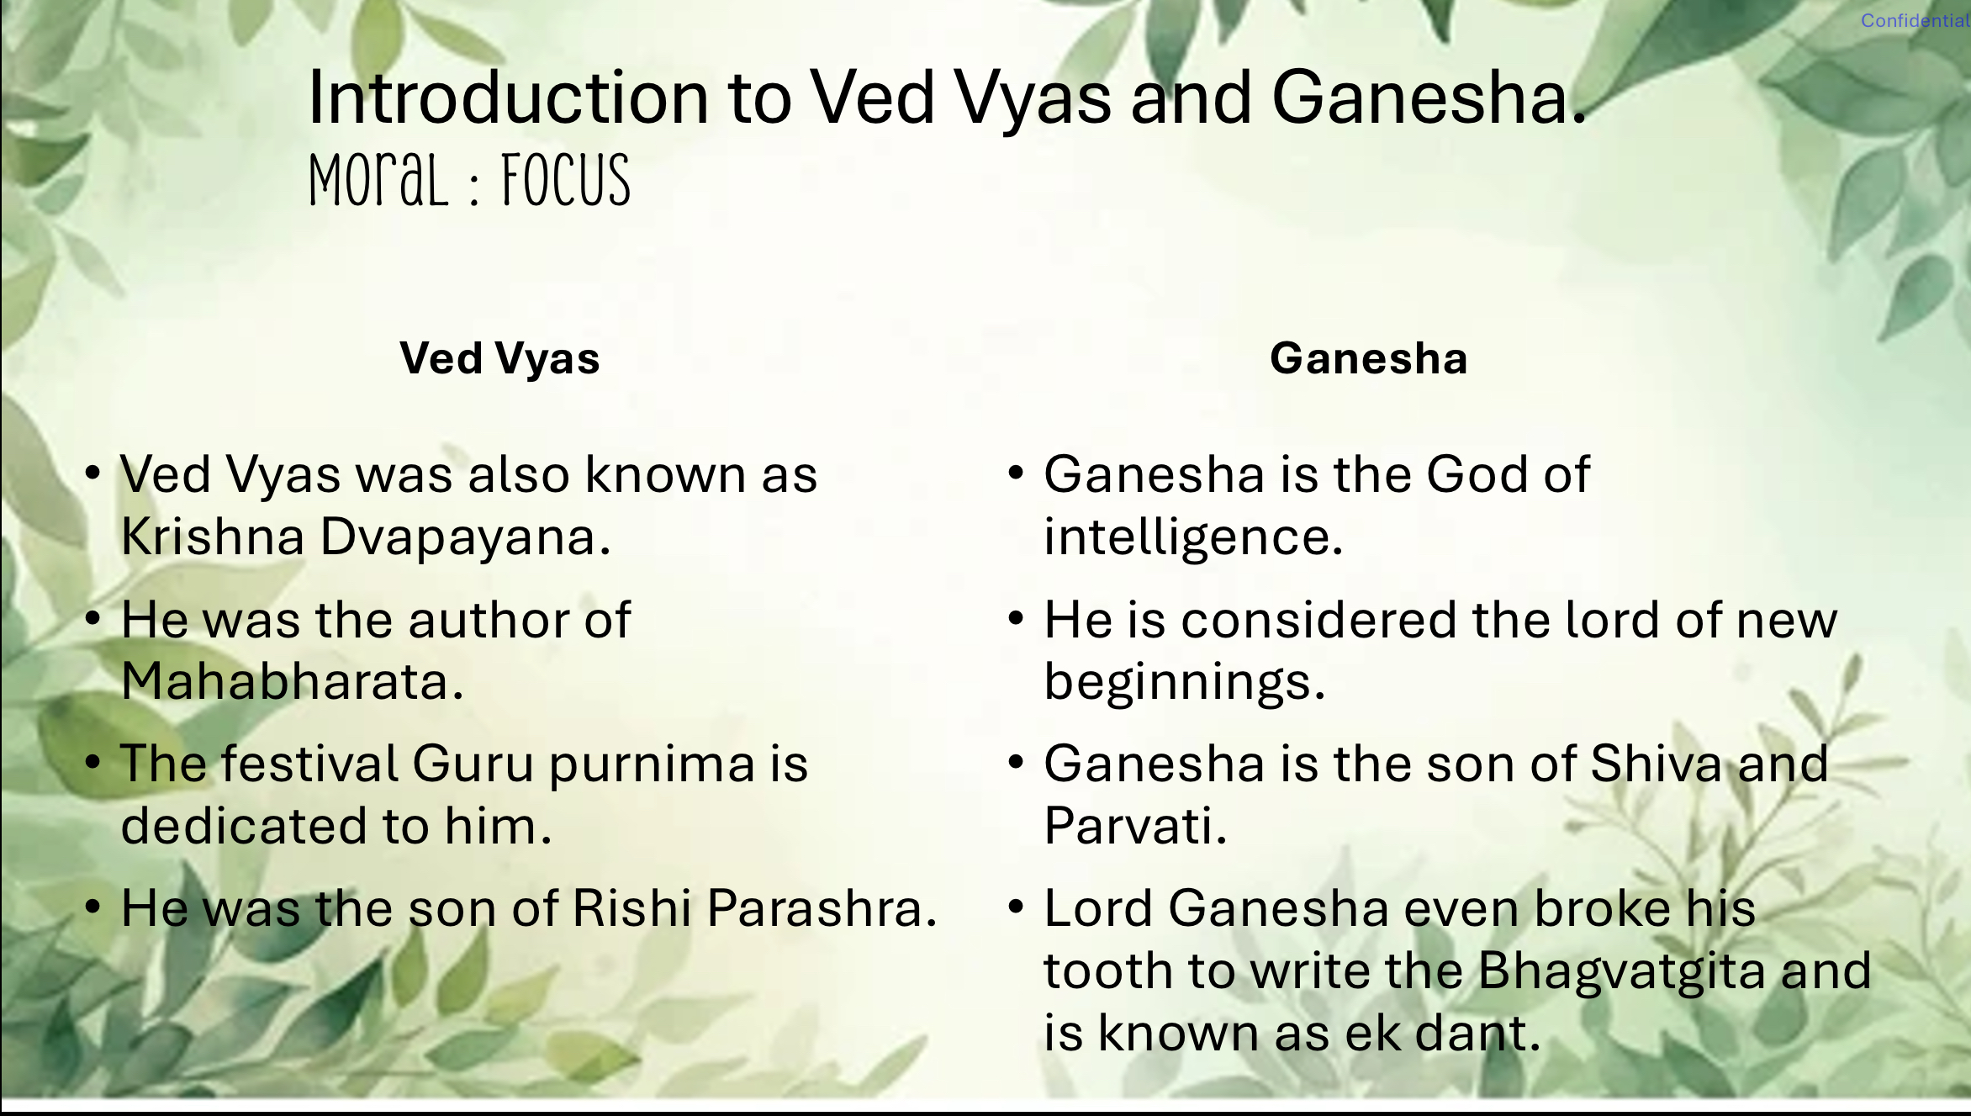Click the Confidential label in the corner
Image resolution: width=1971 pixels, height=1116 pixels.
coord(1915,20)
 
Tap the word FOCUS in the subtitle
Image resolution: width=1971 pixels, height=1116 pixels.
coord(566,181)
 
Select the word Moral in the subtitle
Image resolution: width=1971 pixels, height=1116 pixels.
coord(378,181)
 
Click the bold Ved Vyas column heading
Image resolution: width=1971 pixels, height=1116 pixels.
coord(499,358)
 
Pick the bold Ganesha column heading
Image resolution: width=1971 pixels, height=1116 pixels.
coord(1369,358)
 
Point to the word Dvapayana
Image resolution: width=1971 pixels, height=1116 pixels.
coord(465,538)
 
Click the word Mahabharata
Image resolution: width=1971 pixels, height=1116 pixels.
coord(292,680)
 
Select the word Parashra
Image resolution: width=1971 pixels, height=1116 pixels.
coord(822,908)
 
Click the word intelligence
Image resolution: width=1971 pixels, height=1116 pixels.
coord(1193,538)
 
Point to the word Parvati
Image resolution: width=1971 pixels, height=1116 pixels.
coord(1135,825)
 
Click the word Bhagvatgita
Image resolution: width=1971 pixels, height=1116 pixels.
coord(1621,972)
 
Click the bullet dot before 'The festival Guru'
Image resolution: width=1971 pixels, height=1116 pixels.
coord(93,763)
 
